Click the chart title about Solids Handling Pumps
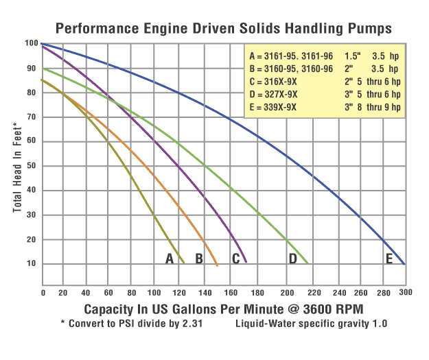point(223,28)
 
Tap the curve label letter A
point(170,259)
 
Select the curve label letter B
point(199,259)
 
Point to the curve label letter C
point(235,259)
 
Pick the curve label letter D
point(292,259)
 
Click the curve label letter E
point(389,259)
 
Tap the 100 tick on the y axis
point(32,44)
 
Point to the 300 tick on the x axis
point(405,292)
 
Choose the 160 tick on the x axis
point(236,292)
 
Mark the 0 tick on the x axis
point(43,292)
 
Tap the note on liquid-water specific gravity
point(311,322)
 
